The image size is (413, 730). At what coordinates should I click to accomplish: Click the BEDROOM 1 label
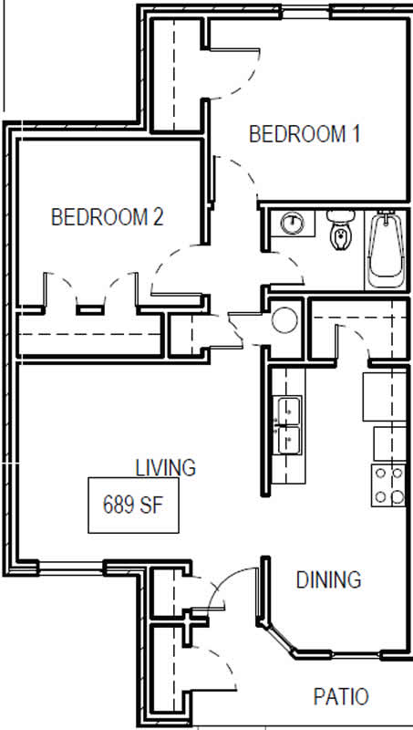tap(305, 134)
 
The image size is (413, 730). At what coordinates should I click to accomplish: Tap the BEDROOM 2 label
tap(108, 217)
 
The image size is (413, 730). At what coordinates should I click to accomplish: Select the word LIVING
tap(166, 468)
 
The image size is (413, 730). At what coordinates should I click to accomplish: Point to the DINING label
tap(329, 579)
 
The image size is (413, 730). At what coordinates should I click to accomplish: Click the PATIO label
tap(341, 697)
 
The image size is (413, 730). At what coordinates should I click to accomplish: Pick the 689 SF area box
tap(133, 506)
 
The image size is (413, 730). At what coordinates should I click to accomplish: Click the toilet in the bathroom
tap(341, 230)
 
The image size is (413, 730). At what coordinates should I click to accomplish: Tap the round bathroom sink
tap(292, 224)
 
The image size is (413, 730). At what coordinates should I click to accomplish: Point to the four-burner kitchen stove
tap(388, 485)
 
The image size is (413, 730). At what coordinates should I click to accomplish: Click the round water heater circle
tap(284, 320)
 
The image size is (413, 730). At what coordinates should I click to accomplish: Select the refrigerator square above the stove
tap(384, 396)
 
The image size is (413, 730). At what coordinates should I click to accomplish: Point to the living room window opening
tap(71, 567)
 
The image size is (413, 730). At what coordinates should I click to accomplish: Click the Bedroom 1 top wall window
tap(305, 12)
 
